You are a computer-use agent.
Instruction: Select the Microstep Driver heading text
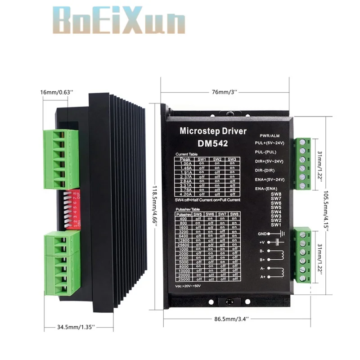(x=213, y=131)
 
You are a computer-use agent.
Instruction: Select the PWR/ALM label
(x=271, y=135)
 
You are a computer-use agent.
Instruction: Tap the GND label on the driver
(x=262, y=234)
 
